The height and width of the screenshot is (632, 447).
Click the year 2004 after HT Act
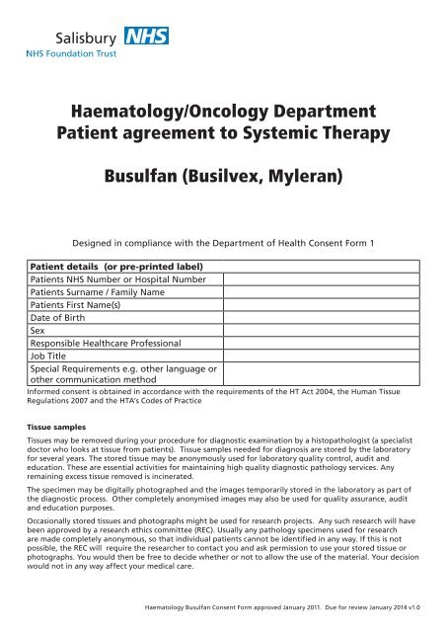332,420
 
